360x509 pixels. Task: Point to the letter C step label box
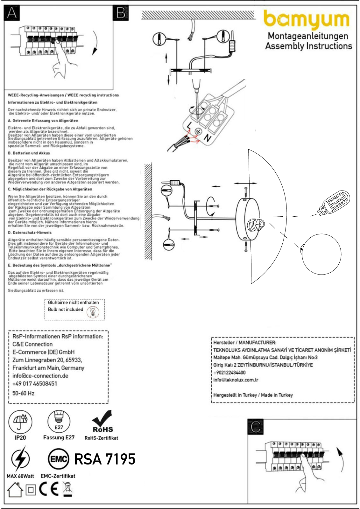click(x=256, y=427)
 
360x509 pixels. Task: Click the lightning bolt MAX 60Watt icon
click(x=20, y=459)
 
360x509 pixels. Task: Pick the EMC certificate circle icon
click(x=58, y=459)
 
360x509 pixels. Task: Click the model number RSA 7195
click(x=105, y=459)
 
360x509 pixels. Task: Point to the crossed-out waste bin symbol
click(x=67, y=489)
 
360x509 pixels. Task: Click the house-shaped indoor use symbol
click(x=15, y=490)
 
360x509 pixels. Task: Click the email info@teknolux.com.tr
click(x=236, y=380)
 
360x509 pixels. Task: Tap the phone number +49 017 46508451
click(x=35, y=384)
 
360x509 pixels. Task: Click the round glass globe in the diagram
click(x=321, y=254)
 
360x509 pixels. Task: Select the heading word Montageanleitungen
click(x=308, y=36)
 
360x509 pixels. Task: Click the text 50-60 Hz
click(x=23, y=393)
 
